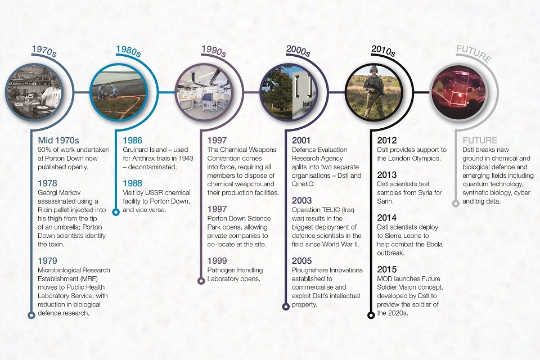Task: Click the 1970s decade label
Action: [44, 51]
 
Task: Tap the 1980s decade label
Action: [128, 51]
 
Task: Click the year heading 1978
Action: [47, 183]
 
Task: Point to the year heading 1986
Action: [132, 140]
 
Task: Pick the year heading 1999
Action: [217, 261]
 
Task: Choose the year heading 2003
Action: [301, 200]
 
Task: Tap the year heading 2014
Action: [387, 218]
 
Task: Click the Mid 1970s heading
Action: [58, 140]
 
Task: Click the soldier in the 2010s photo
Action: [375, 92]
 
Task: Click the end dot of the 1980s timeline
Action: [116, 212]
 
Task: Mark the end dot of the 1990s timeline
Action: [201, 281]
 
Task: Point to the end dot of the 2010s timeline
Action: [371, 315]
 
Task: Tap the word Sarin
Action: [385, 201]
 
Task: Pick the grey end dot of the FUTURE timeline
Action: [456, 203]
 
